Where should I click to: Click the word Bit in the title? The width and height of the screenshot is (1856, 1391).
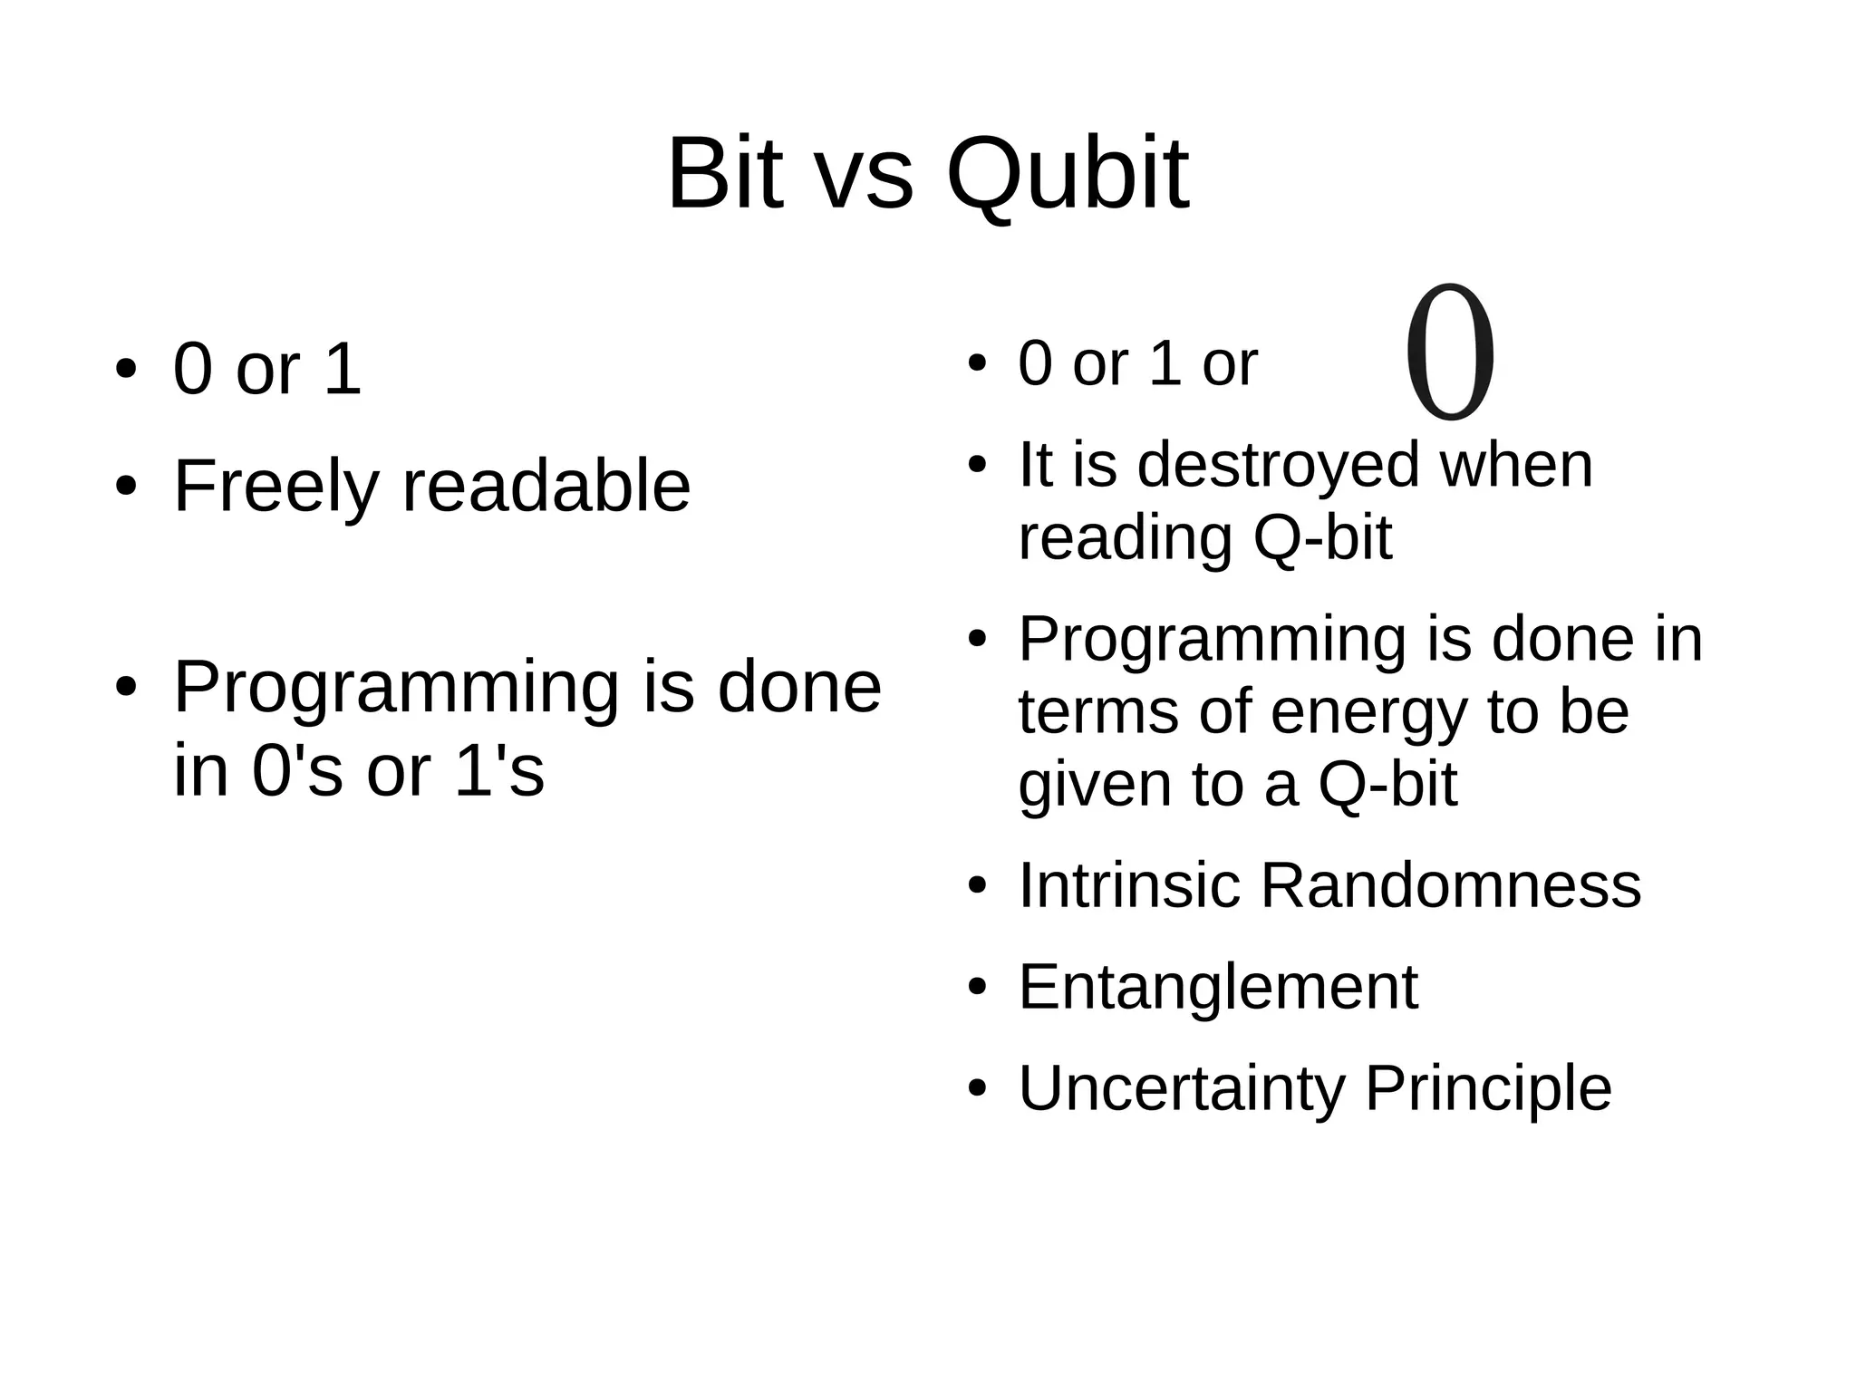point(724,174)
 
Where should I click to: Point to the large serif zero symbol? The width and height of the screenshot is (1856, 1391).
point(1450,353)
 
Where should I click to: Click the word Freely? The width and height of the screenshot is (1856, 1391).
point(275,488)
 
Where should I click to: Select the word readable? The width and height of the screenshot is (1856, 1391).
point(546,488)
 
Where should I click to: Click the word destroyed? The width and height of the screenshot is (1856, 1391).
point(1278,465)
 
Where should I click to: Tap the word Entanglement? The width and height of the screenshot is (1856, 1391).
point(1218,987)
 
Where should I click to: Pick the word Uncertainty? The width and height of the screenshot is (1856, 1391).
point(1181,1088)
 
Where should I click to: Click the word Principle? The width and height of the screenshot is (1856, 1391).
point(1488,1088)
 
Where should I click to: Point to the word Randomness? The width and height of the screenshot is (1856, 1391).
point(1450,885)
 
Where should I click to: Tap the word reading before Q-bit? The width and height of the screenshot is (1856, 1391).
point(1125,540)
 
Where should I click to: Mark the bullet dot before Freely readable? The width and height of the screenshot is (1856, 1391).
point(126,488)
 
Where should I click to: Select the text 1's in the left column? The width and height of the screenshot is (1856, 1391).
point(498,771)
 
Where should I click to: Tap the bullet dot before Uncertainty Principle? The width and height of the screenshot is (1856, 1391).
point(976,1088)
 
